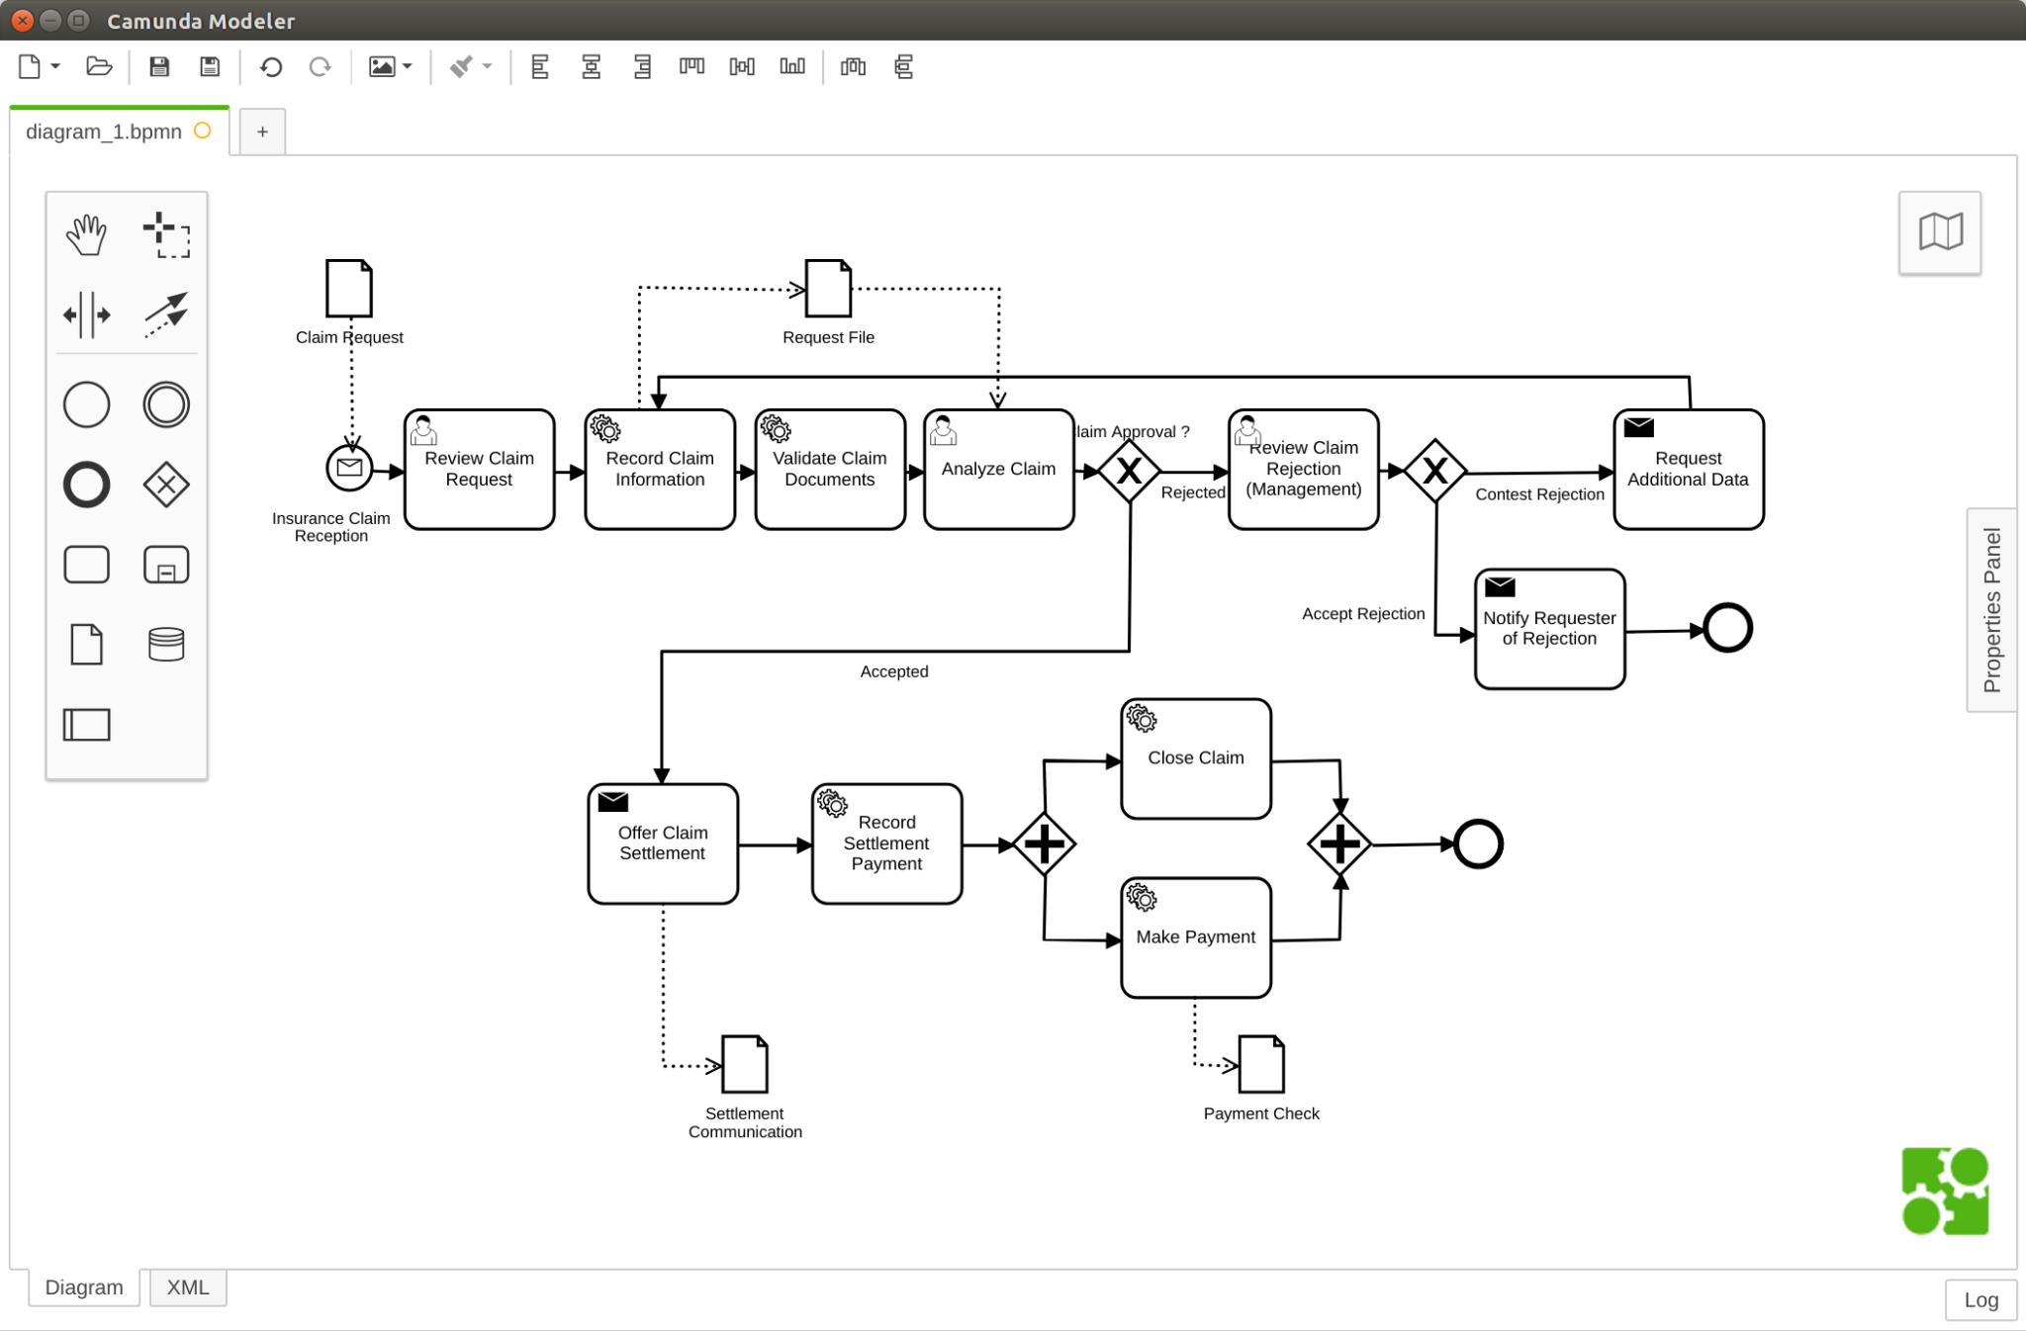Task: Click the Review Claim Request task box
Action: point(479,470)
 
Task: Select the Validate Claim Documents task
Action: point(829,470)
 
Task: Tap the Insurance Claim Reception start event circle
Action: point(349,468)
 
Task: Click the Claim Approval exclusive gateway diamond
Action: point(1129,472)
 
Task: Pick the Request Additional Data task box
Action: point(1688,470)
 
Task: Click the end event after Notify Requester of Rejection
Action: point(1727,628)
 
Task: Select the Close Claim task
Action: point(1195,758)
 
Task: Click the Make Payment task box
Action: point(1195,937)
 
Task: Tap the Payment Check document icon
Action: point(1261,1064)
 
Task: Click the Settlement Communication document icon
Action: point(745,1064)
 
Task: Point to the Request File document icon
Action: point(828,289)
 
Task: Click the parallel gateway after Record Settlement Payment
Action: point(1044,844)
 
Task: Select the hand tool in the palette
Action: point(86,234)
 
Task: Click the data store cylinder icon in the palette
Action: point(165,645)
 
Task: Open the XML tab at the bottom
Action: point(188,1287)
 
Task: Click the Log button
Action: point(1980,1300)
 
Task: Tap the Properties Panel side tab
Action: point(1991,610)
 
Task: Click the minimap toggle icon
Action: point(1940,232)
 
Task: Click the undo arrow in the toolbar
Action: point(271,67)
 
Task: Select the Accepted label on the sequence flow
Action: point(894,671)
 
